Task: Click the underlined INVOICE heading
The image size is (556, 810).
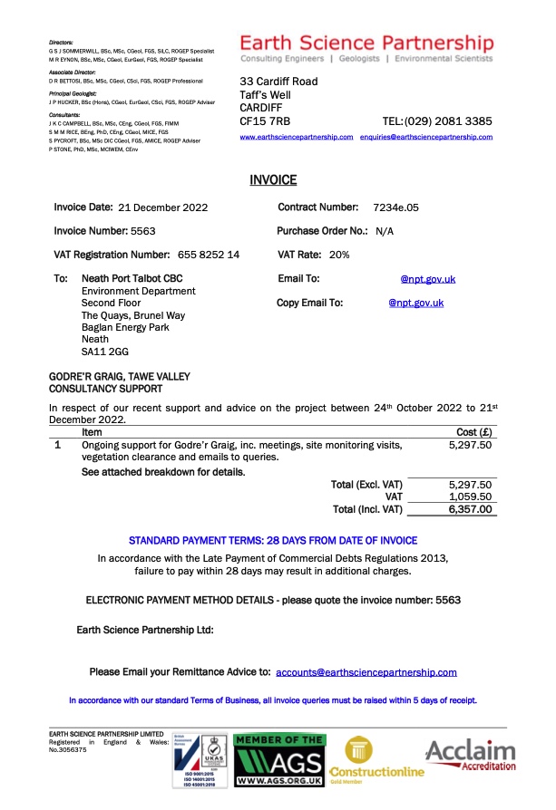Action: [273, 180]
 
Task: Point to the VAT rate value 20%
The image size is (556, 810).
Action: [339, 255]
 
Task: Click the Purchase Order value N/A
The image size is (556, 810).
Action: [384, 231]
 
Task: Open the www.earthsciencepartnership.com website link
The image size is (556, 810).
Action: [296, 137]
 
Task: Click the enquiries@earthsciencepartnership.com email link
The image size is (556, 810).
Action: [425, 137]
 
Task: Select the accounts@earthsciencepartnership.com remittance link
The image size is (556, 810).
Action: [366, 672]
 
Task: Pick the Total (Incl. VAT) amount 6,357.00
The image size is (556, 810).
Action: [470, 509]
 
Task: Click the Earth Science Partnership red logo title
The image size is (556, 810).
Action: [367, 43]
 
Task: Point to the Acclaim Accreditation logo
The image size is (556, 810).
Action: [470, 755]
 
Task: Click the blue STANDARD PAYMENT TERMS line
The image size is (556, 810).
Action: [272, 538]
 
